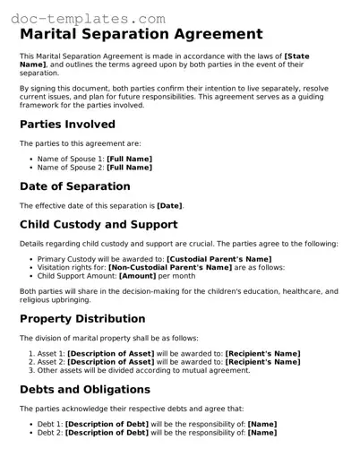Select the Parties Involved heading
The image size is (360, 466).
coord(67,125)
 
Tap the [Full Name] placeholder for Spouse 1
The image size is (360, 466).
coord(129,159)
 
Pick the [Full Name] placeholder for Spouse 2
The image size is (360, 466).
coord(129,167)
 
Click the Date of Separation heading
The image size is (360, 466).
coord(74,186)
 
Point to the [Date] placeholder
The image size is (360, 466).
coord(169,205)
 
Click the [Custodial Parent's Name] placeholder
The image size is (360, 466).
coord(219,258)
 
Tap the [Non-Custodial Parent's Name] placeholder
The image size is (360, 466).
coord(169,266)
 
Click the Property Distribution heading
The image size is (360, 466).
coord(82,319)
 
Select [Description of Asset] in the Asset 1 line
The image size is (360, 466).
coord(111,353)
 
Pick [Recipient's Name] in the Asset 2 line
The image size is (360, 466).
coord(261,361)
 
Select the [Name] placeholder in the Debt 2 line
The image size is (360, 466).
coord(261,432)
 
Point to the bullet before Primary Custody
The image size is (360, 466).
coord(31,258)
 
